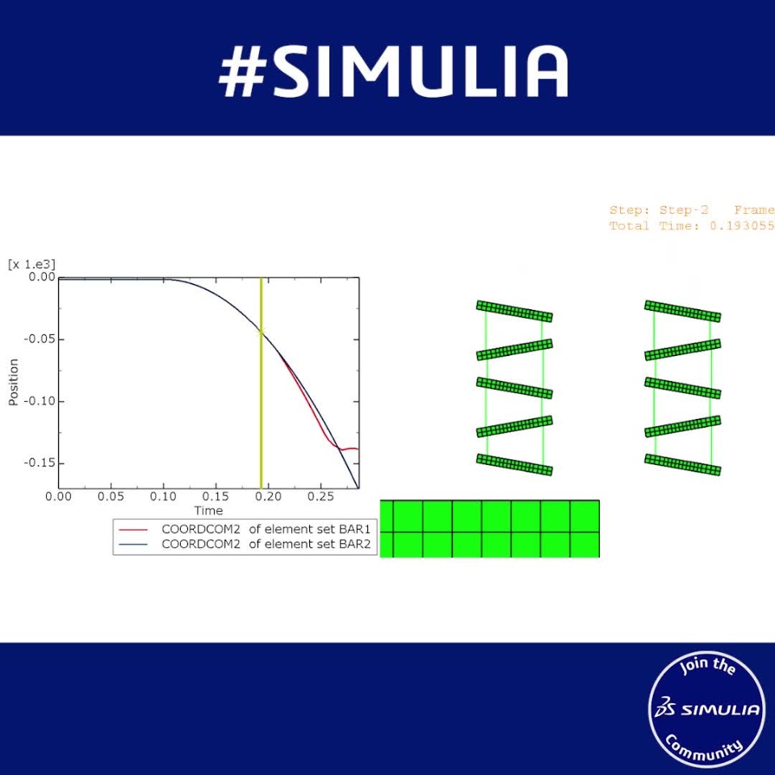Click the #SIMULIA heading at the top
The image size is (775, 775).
(393, 71)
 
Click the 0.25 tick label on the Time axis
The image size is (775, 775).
(320, 496)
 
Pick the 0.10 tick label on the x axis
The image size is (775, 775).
(163, 496)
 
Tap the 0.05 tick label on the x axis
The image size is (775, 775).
(111, 496)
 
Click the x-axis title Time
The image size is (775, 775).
(208, 510)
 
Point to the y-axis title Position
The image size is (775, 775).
(14, 382)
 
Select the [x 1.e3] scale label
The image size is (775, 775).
(31, 265)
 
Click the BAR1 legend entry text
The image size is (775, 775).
(266, 529)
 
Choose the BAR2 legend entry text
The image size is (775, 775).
(266, 543)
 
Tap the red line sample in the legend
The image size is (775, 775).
(133, 530)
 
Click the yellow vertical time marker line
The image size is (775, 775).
(261, 383)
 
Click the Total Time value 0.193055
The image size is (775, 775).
(742, 226)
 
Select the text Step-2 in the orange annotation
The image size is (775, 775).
(684, 210)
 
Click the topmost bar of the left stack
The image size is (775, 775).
(514, 311)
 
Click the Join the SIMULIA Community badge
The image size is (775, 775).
(706, 709)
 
